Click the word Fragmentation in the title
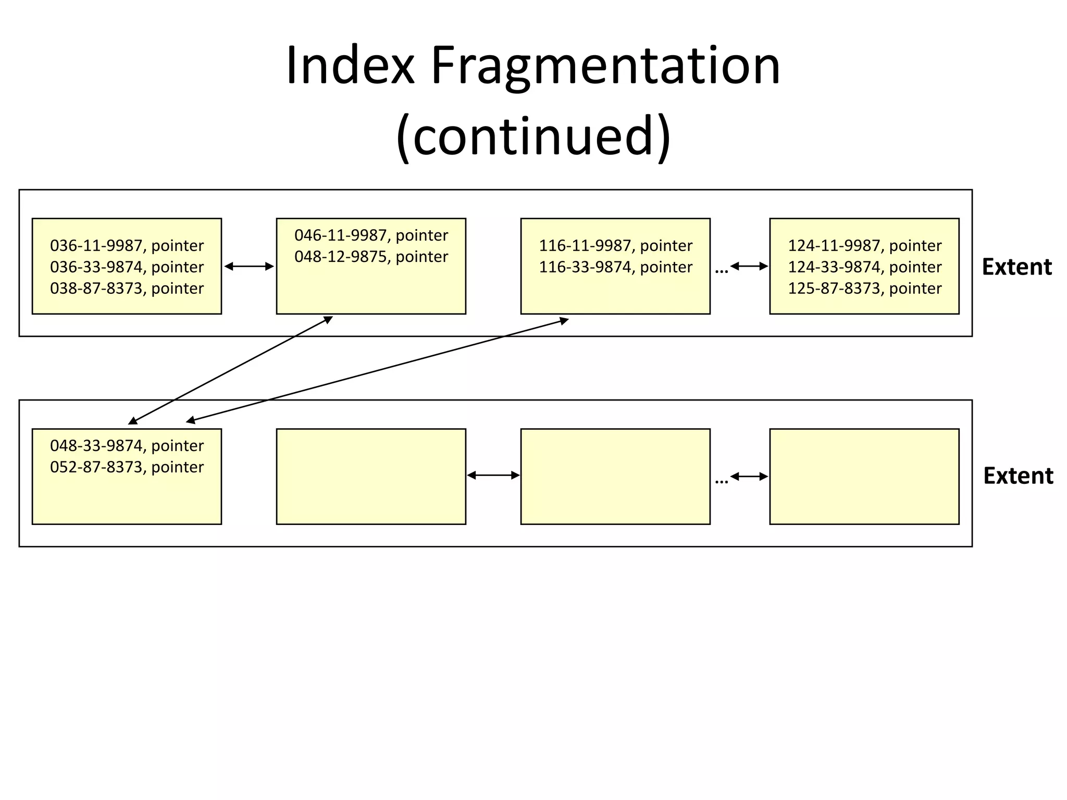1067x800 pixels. (605, 66)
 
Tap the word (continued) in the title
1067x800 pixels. (533, 136)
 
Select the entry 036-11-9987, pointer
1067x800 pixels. (127, 245)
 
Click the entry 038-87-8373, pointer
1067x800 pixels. (127, 288)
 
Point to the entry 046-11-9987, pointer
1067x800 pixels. (371, 235)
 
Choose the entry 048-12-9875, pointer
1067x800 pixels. (371, 257)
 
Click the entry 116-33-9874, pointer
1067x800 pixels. (615, 267)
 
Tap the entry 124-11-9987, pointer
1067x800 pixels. (864, 245)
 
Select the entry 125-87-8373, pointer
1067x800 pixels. (864, 288)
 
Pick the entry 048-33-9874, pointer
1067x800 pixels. (127, 446)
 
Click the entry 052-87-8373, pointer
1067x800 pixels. (127, 467)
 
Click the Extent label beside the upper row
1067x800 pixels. (1016, 267)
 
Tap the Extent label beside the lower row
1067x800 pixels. (1018, 476)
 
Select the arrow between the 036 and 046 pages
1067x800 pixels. (249, 267)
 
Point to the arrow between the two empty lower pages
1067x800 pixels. (493, 475)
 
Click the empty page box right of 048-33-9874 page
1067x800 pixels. (371, 476)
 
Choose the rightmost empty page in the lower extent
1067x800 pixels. (864, 476)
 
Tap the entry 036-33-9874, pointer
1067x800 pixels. (127, 267)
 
